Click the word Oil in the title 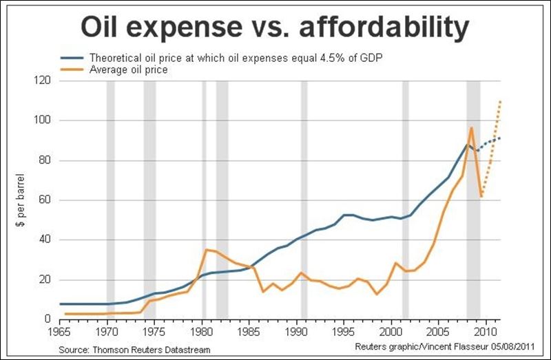[105, 28]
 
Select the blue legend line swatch [72, 56]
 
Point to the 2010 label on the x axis [486, 330]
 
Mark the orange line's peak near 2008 [471, 127]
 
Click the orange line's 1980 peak [205, 249]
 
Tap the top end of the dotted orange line [500, 101]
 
